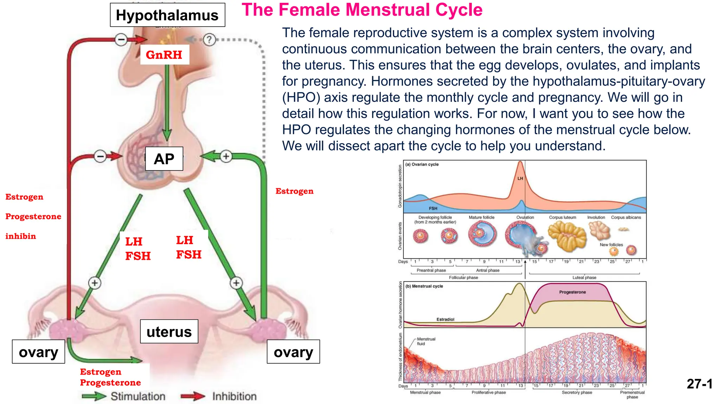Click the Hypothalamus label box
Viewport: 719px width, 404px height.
click(167, 15)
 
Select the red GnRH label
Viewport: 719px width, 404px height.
click(164, 55)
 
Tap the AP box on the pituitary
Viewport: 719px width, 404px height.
click(164, 159)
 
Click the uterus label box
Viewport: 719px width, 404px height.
click(169, 331)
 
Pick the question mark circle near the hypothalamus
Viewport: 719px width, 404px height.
click(209, 40)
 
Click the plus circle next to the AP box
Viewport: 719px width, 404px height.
click(226, 156)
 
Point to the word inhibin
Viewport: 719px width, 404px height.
click(21, 236)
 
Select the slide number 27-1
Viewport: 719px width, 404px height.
click(699, 384)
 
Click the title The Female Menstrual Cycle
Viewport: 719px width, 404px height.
click(362, 10)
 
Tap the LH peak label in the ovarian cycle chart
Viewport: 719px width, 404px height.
click(520, 179)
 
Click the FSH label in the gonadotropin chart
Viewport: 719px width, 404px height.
click(433, 208)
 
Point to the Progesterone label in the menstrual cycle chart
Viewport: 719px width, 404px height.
click(572, 292)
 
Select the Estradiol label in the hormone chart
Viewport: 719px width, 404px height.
click(445, 319)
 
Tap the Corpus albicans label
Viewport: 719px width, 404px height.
click(626, 217)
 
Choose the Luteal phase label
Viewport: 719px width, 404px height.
click(584, 277)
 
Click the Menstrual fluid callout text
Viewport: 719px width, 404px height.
click(426, 341)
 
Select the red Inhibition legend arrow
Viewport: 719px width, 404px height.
click(193, 396)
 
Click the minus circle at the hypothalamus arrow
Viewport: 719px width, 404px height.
click(121, 40)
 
